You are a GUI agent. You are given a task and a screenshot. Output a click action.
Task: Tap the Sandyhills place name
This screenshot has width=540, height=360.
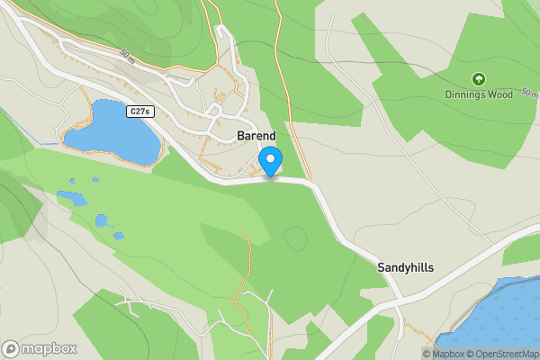click(405, 267)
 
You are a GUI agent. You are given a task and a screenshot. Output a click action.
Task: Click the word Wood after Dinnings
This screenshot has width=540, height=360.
click(502, 94)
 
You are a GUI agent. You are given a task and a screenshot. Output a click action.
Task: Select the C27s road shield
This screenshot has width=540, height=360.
click(139, 111)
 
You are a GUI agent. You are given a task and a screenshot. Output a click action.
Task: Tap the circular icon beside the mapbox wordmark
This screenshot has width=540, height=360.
click(12, 348)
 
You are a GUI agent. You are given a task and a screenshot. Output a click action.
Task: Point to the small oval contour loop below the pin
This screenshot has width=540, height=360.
click(295, 239)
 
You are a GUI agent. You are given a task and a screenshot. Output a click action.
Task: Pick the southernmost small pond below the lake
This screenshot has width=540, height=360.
click(119, 236)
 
